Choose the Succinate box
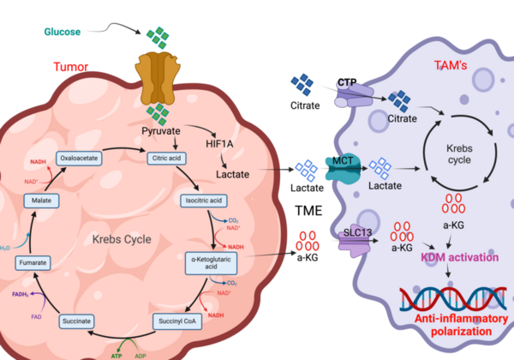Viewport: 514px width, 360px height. point(76,321)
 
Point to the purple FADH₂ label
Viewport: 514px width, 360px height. point(18,293)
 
